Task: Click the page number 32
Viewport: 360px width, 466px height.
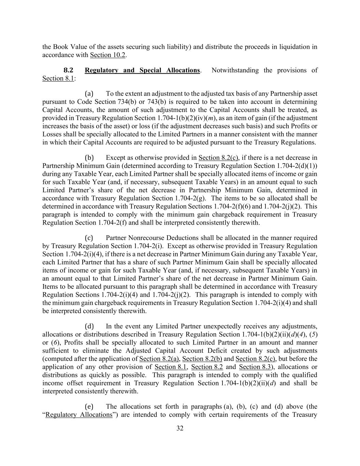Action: pos(180,428)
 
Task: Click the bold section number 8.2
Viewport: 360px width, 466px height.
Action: pos(69,70)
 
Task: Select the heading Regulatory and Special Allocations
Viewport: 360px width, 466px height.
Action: pos(142,70)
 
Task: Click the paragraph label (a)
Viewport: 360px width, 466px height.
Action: pos(89,94)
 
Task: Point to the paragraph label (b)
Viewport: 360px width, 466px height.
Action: pos(89,158)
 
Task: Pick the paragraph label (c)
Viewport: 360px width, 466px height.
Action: pos(89,238)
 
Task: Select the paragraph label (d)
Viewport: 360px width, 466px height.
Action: pos(89,326)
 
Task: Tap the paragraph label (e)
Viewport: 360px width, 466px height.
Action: pos(89,407)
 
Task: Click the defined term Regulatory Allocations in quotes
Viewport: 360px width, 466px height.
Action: pos(79,415)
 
